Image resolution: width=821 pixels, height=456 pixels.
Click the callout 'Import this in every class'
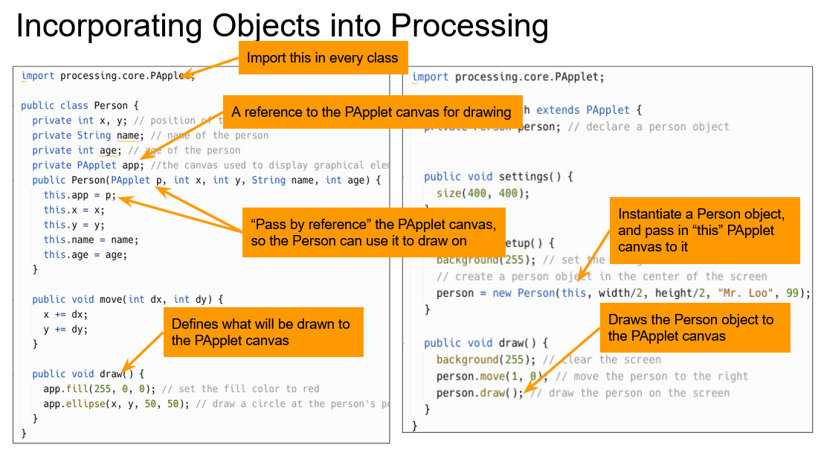[322, 58]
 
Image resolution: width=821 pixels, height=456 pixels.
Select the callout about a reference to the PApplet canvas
[370, 112]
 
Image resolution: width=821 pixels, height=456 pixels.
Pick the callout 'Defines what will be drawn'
[263, 332]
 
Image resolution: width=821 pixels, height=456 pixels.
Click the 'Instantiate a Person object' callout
[704, 230]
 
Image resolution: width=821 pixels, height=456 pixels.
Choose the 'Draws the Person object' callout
[698, 327]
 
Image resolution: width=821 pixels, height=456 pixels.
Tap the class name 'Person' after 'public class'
[112, 106]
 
